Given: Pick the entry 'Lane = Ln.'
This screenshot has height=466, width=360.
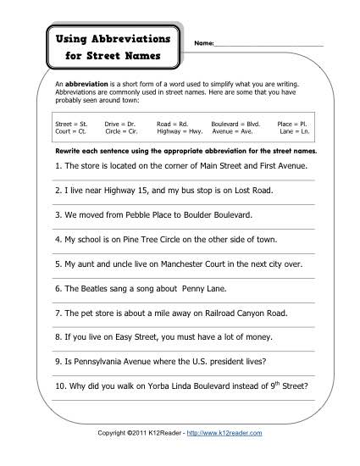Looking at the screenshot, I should point(296,131).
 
